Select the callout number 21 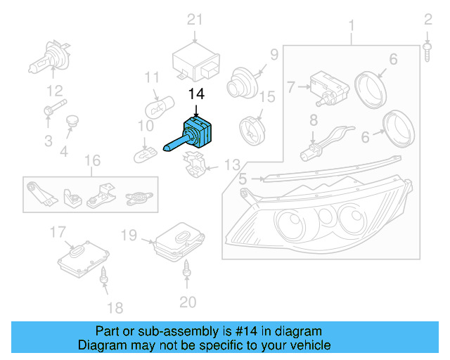(x=194, y=19)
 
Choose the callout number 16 (x=93, y=162)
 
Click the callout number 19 (x=128, y=234)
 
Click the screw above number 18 (x=103, y=276)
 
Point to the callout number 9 (x=274, y=54)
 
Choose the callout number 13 (x=231, y=166)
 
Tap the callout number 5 (x=243, y=180)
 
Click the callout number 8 (x=313, y=121)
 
